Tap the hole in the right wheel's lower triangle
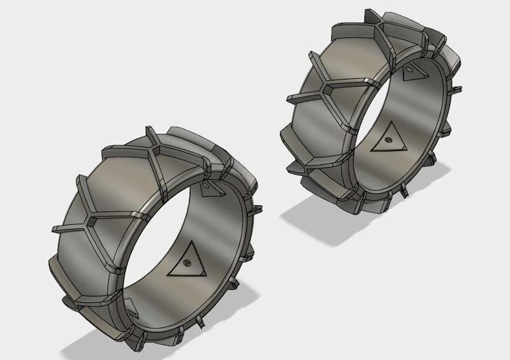(x=388, y=138)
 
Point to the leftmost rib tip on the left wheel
(x=51, y=229)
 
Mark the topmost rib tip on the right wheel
(x=366, y=11)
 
